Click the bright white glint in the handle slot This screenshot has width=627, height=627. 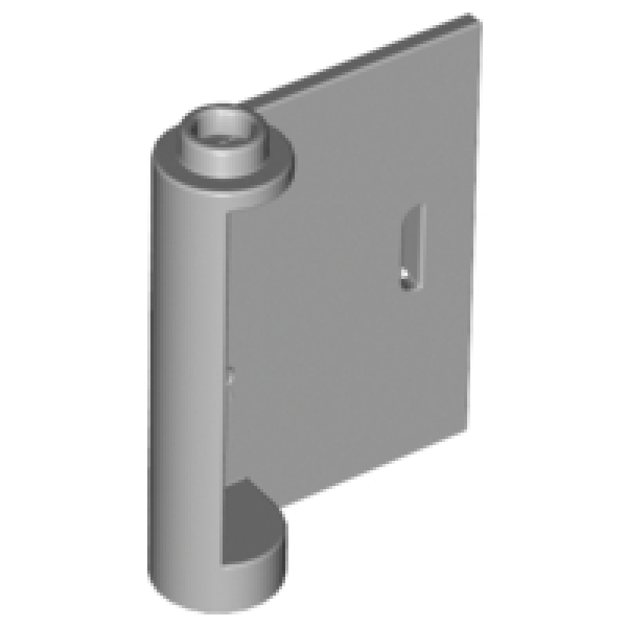405,274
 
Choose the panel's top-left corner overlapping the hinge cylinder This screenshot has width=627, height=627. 232,216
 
